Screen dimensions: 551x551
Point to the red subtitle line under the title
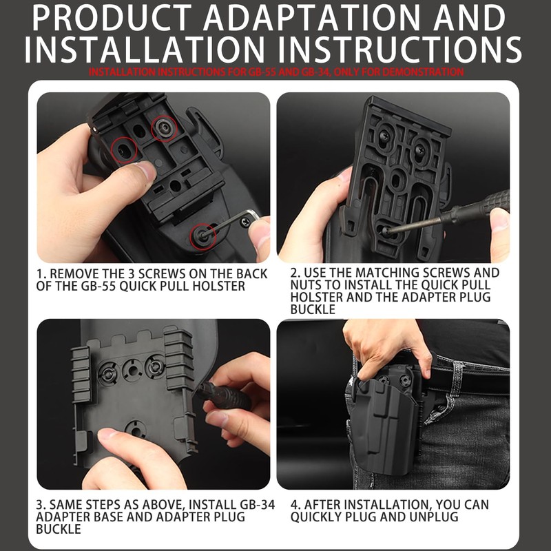pos(275,72)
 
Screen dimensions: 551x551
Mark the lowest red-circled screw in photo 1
pos(202,236)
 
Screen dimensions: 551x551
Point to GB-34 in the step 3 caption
pos(251,505)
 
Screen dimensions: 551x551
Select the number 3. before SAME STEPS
pos(42,505)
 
